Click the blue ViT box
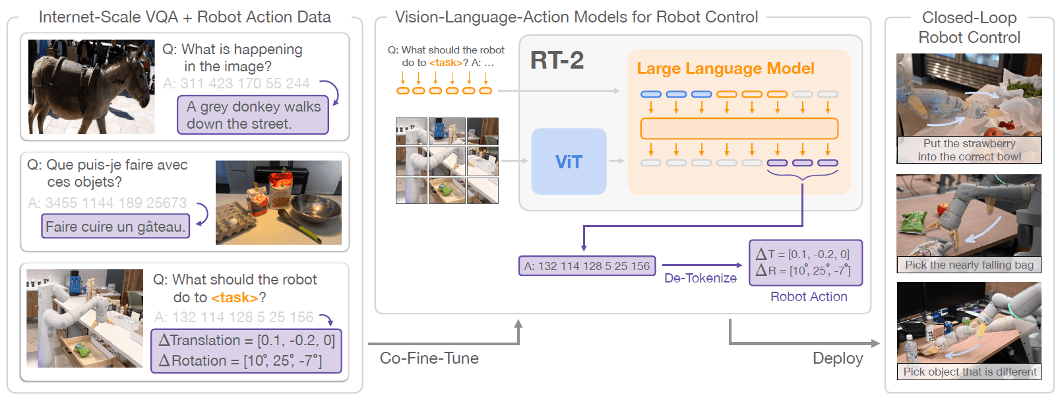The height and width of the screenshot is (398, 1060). tap(569, 162)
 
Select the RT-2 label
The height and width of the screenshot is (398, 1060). tap(557, 61)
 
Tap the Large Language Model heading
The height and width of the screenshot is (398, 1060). tap(725, 69)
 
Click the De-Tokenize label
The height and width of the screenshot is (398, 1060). tap(700, 278)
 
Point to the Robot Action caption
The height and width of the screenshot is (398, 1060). tap(809, 296)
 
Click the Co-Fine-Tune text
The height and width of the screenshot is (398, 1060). tap(429, 358)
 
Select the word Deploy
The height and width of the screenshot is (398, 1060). tap(837, 358)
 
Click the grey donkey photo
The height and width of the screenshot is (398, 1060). tap(91, 86)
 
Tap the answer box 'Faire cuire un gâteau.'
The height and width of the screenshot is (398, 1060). tap(115, 226)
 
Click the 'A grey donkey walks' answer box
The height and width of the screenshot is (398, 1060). tap(253, 116)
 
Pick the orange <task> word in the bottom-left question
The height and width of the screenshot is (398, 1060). tap(234, 298)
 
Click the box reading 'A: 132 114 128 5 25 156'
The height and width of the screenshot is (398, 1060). tap(587, 266)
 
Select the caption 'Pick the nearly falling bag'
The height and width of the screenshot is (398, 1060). tap(968, 265)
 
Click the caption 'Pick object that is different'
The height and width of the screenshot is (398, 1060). tap(969, 372)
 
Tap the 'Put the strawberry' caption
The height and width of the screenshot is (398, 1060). tap(969, 143)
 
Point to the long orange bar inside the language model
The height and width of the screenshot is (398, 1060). tap(739, 129)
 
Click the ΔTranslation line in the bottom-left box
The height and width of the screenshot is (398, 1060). tap(247, 341)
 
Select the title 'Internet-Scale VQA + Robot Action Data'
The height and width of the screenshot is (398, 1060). tap(185, 17)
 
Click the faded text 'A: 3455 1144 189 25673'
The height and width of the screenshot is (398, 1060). tap(107, 203)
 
